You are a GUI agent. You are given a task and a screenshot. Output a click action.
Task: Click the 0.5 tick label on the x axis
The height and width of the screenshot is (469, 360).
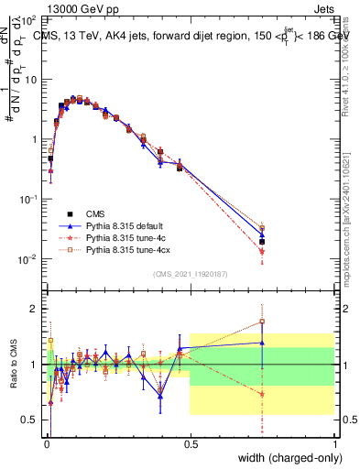click(x=190, y=443)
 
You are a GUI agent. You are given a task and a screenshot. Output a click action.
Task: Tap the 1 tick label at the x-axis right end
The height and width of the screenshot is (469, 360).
click(x=334, y=443)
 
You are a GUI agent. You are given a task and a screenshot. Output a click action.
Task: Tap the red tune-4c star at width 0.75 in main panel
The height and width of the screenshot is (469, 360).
click(x=262, y=251)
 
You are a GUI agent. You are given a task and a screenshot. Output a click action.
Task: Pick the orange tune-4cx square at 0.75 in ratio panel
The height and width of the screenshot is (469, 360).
click(x=262, y=321)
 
